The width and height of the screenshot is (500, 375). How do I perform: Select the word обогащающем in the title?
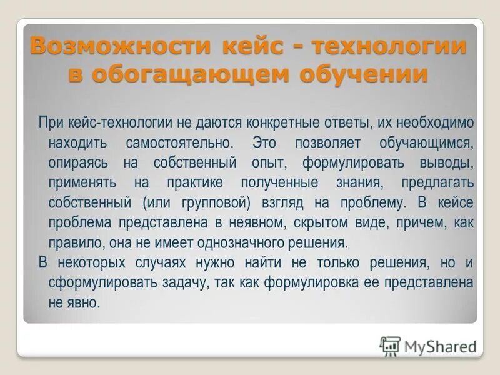[190, 74]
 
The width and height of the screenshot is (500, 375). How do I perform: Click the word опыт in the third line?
[269, 163]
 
